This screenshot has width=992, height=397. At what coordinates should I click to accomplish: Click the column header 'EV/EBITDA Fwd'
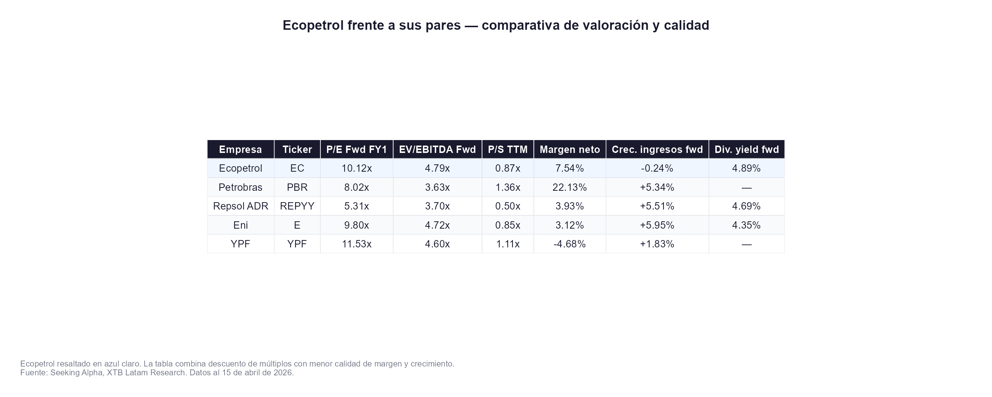point(437,150)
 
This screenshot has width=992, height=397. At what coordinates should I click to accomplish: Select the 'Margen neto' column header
point(569,150)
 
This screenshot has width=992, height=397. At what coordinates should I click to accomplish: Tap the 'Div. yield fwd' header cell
point(746,150)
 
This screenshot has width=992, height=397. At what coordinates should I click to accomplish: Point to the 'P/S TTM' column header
point(507,150)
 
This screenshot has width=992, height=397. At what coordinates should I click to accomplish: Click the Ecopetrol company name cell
point(240,168)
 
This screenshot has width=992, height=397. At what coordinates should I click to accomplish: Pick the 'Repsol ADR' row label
point(240,206)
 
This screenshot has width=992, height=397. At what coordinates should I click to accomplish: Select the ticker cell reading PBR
point(297,187)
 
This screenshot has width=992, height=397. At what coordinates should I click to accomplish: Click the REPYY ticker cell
point(297,206)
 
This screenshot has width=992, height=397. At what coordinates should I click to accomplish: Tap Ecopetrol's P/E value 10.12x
point(357,168)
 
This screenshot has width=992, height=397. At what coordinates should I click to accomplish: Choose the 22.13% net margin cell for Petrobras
point(569,187)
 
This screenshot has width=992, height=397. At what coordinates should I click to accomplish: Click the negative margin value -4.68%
point(569,244)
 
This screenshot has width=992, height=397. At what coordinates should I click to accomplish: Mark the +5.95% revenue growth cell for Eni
point(657,225)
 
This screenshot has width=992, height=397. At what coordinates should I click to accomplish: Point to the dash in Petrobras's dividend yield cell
point(746,188)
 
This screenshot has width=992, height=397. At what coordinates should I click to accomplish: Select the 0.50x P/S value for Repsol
point(507,206)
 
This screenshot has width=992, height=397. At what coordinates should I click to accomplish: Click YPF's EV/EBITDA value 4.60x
point(437,244)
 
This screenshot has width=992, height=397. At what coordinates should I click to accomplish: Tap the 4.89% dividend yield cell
point(746,168)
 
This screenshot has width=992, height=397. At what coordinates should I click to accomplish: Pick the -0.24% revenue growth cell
point(657,168)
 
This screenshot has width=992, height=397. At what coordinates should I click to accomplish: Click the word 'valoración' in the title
point(615,25)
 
